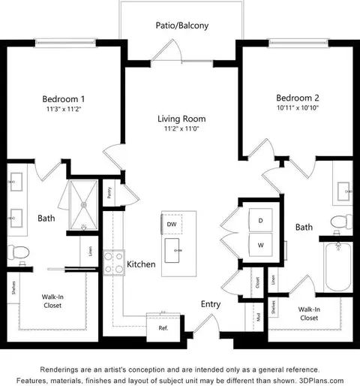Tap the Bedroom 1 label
coord(62,99)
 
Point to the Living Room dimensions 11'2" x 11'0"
coord(181,129)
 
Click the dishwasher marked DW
coord(172,224)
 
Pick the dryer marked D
coord(260,221)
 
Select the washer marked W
coord(260,244)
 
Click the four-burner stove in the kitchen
coord(113,262)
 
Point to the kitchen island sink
coord(178,248)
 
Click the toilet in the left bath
coord(20,251)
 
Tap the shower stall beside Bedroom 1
coord(84,204)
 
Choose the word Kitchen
coord(141,264)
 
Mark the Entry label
coord(211,304)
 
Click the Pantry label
coord(109,193)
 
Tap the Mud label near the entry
coord(258,315)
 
